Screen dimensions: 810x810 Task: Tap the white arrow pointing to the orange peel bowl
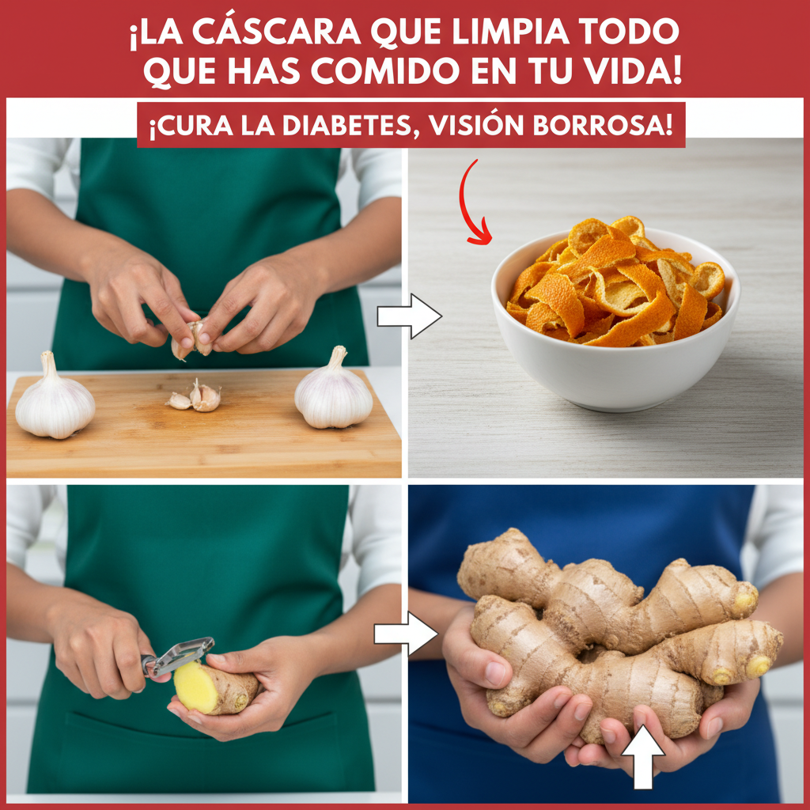pos(409,316)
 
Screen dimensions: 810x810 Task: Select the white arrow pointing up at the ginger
pos(642,757)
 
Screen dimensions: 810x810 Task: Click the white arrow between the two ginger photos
pos(406,634)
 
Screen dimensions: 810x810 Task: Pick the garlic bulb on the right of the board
pos(334,390)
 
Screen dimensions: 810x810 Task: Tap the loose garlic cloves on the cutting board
pos(195,397)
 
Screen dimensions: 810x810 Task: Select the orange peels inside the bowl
pos(615,282)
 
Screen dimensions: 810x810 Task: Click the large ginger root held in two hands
pos(615,633)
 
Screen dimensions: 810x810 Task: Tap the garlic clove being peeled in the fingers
pos(191,339)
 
